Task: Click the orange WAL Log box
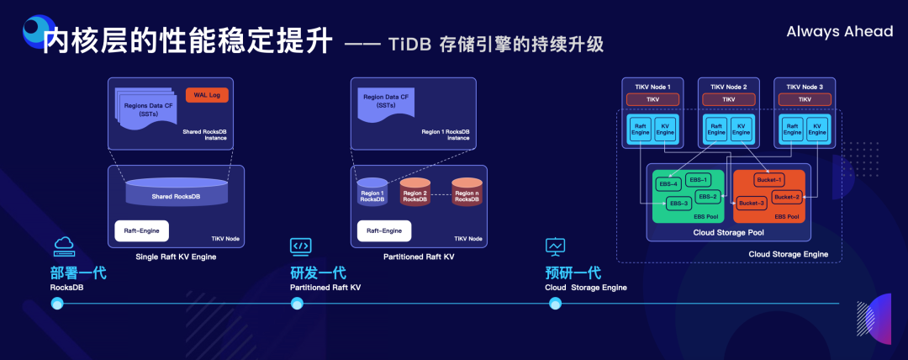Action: click(206, 94)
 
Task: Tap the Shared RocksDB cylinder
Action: click(176, 193)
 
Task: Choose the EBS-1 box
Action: click(699, 179)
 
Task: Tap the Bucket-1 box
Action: click(768, 180)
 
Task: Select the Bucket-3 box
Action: click(752, 203)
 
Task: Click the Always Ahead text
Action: click(839, 32)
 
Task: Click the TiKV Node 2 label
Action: click(727, 86)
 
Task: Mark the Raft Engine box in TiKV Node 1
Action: click(641, 128)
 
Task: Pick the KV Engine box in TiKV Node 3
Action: click(816, 128)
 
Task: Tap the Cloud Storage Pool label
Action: click(728, 232)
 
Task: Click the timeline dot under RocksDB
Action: click(58, 304)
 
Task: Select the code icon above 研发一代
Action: click(300, 246)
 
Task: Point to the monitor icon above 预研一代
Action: click(555, 246)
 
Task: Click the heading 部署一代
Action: click(78, 273)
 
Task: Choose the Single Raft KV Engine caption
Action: click(176, 256)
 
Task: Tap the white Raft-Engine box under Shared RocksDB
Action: click(142, 230)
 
